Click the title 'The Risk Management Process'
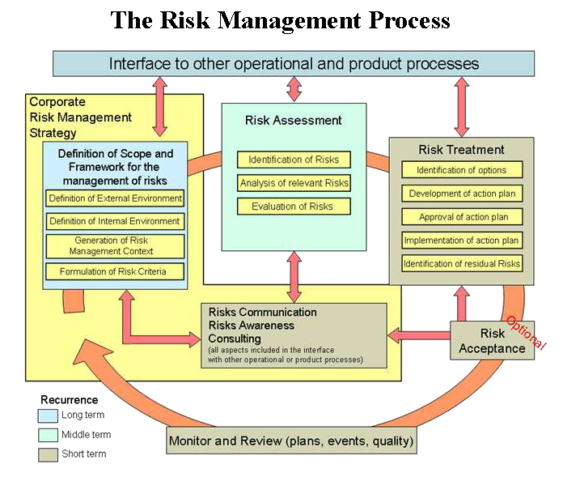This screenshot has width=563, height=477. [281, 20]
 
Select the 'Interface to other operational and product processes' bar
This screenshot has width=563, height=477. [294, 63]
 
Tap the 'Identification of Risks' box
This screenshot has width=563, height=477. [294, 160]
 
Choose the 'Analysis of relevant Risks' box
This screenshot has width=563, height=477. [294, 183]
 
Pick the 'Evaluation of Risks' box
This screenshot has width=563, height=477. [294, 207]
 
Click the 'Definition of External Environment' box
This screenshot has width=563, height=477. [115, 198]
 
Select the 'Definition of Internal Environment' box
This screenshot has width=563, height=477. [115, 220]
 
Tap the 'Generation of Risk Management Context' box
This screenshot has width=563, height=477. [115, 246]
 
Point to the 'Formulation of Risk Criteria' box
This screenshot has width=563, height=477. [115, 271]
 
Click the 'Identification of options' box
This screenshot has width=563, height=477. [462, 170]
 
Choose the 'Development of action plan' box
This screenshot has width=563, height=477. [462, 194]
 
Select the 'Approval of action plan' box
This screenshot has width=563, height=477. [462, 217]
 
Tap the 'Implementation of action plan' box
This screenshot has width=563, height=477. [462, 241]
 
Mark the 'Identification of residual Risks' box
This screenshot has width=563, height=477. [462, 263]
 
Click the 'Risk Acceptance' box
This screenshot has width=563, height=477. [492, 341]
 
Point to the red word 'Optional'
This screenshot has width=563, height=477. [526, 333]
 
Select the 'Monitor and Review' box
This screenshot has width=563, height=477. [292, 441]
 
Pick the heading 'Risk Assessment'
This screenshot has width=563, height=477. [294, 121]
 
